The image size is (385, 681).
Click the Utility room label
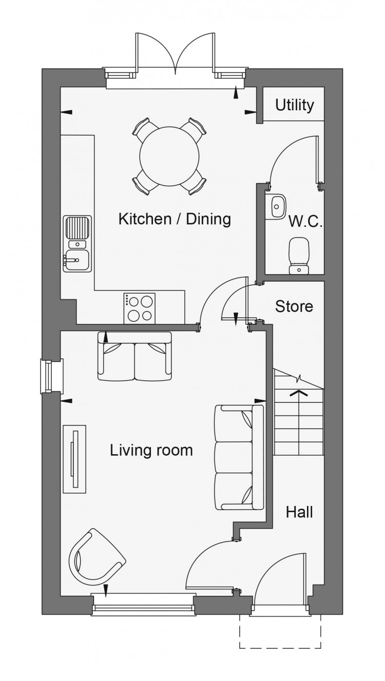(x=294, y=105)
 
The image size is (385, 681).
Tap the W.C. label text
(x=305, y=221)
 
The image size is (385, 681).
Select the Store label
(x=294, y=306)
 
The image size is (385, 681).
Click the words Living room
(x=151, y=450)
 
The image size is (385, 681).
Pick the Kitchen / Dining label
(x=175, y=219)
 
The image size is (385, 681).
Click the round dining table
(x=169, y=156)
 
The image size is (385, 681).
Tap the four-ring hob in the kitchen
(x=139, y=308)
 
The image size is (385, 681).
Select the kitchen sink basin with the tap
(x=76, y=261)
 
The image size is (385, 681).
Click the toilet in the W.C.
(x=299, y=256)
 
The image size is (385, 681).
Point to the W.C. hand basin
(x=276, y=206)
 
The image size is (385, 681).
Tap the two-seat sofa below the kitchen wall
(x=134, y=356)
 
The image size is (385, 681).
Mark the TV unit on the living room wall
(x=74, y=459)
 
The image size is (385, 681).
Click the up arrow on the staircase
(x=299, y=394)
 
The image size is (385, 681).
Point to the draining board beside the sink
(x=77, y=228)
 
